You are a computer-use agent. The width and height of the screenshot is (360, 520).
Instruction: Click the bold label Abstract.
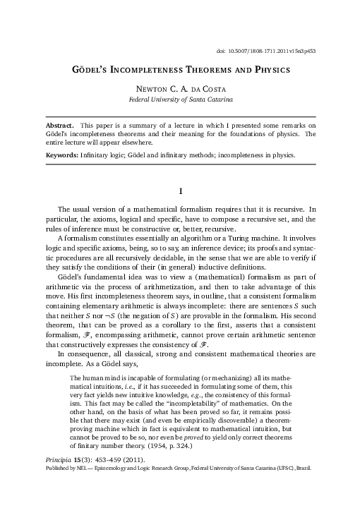point(61,124)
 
